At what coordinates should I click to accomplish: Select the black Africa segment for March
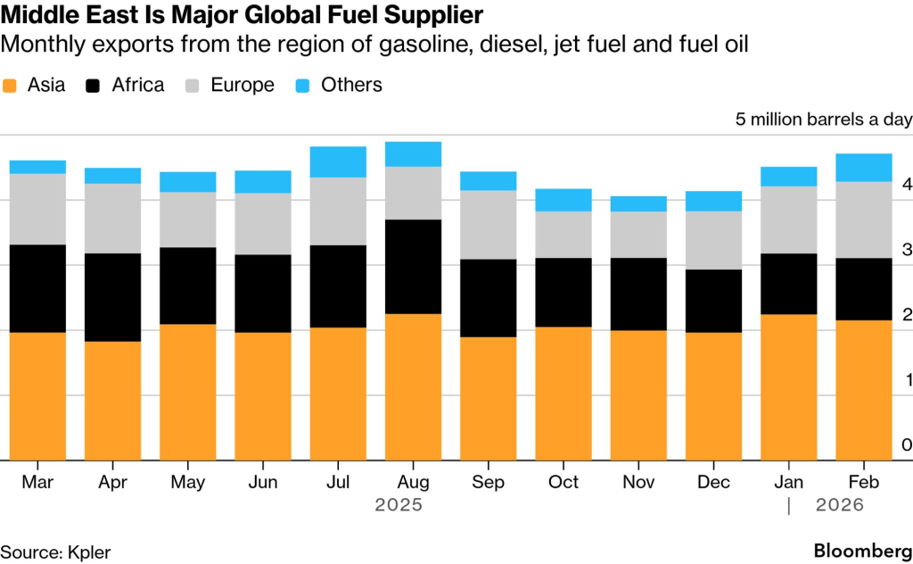click(x=37, y=288)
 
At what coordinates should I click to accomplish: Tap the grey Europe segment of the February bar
click(x=863, y=220)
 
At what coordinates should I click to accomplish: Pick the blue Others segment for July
click(x=338, y=162)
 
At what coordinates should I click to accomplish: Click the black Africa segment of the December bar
click(x=713, y=301)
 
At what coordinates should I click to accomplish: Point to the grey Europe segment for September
click(x=488, y=224)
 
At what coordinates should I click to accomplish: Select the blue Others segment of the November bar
click(x=638, y=203)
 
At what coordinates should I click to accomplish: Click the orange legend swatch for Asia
click(x=11, y=86)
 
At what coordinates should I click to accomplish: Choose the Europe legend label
click(x=243, y=86)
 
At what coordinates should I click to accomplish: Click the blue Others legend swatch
click(x=304, y=86)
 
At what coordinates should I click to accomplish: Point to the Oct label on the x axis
click(x=563, y=482)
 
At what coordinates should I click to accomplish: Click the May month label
click(x=188, y=482)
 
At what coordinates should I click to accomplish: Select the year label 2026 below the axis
click(x=840, y=505)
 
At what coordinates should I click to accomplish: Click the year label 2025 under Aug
click(x=399, y=505)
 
